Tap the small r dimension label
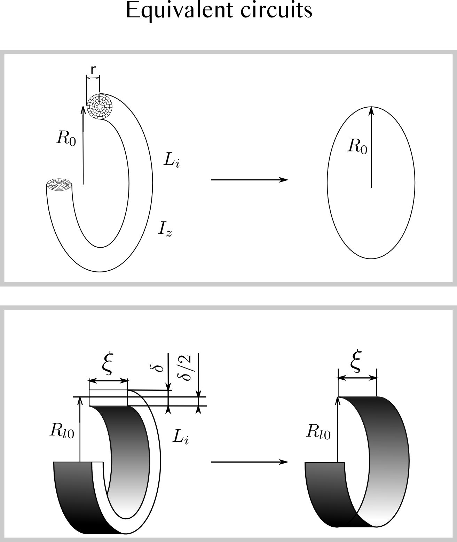(x=93, y=70)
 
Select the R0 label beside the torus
(x=66, y=139)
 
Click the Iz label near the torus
(x=165, y=229)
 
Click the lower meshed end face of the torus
(x=59, y=185)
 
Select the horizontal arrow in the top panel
(x=250, y=180)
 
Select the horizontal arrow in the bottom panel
(x=250, y=462)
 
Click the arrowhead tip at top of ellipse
(x=371, y=108)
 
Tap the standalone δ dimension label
(x=159, y=367)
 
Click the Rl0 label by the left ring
(x=62, y=431)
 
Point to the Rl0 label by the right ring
(x=318, y=432)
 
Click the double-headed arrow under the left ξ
(x=109, y=381)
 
